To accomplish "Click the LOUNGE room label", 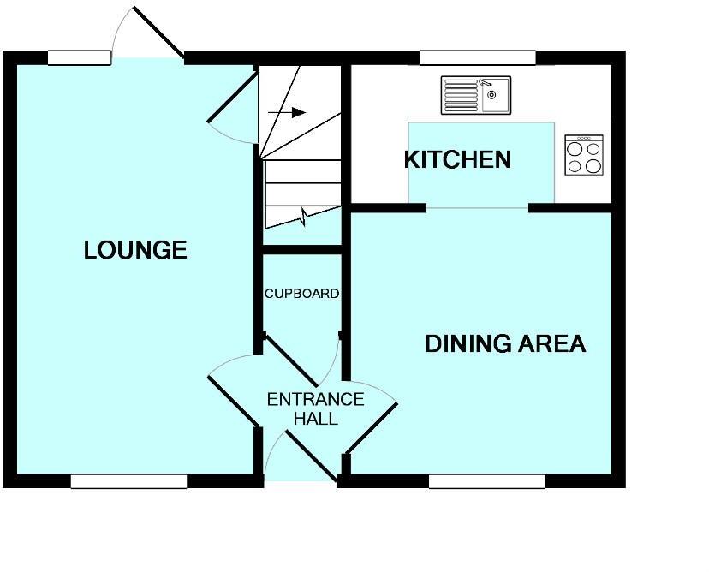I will pos(135,250).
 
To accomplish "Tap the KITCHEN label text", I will pos(457,160).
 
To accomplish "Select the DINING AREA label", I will pos(505,344).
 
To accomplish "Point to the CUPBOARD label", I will pos(301,294).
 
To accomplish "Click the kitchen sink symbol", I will pos(475,95).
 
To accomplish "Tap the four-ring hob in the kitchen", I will pos(584,155).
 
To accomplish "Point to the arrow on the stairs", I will pos(287,112).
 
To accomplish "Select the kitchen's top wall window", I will pos(477,57).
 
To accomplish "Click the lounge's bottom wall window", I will pos(128,481).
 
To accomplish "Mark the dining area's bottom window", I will pos(486,481).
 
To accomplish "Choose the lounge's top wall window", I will pos(79,57).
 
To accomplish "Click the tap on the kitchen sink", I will pos(486,85).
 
